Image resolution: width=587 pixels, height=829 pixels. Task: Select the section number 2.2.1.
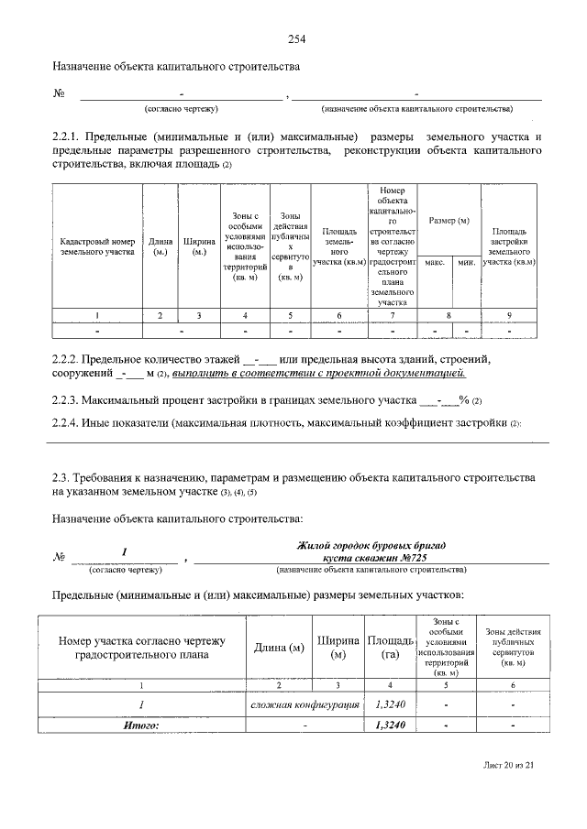click(70, 137)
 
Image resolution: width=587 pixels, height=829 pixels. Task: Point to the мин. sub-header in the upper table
click(466, 262)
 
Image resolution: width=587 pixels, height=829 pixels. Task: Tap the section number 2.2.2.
click(70, 358)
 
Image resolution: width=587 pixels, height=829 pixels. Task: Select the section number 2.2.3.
click(70, 400)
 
